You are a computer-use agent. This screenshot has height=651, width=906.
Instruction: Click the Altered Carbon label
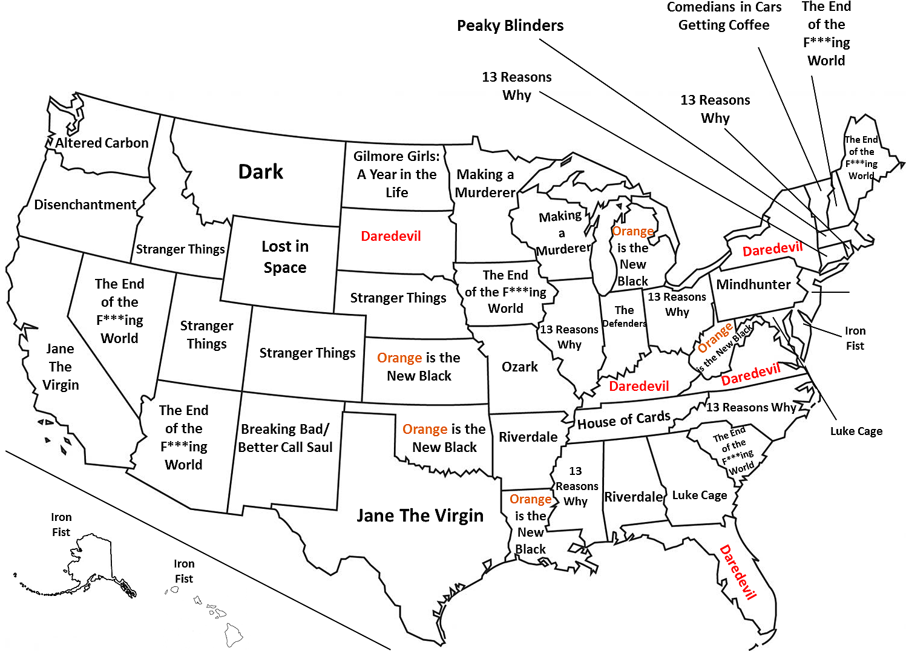tap(102, 143)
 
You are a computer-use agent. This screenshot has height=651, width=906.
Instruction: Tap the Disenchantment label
tap(85, 205)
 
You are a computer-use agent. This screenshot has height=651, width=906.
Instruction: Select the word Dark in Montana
tap(260, 172)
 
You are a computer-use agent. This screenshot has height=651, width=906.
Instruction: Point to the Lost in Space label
tap(285, 257)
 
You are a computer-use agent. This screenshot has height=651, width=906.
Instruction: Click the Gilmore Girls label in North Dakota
tap(396, 174)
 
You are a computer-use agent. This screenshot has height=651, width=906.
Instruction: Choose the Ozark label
tap(519, 367)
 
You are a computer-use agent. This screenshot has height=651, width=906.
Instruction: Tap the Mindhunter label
tap(753, 285)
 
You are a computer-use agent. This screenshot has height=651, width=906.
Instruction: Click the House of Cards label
tap(623, 420)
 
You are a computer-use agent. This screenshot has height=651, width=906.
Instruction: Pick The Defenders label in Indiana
tap(624, 317)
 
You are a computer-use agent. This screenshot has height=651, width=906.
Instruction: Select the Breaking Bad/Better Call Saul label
tap(285, 439)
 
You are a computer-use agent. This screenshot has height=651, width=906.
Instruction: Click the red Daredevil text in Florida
tap(738, 572)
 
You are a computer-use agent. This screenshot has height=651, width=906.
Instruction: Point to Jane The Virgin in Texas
tap(420, 516)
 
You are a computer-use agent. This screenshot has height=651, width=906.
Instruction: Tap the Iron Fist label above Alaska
tap(61, 525)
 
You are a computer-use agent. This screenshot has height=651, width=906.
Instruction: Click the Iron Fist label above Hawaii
tap(184, 571)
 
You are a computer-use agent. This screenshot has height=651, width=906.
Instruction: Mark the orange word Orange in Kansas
tap(399, 358)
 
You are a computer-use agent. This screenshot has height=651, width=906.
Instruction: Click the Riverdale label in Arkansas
tap(528, 437)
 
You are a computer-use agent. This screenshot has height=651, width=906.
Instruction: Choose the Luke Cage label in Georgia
tap(700, 496)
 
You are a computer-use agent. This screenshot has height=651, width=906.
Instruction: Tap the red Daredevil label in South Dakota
tap(390, 237)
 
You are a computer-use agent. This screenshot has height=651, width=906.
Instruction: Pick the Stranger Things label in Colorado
tap(307, 353)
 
